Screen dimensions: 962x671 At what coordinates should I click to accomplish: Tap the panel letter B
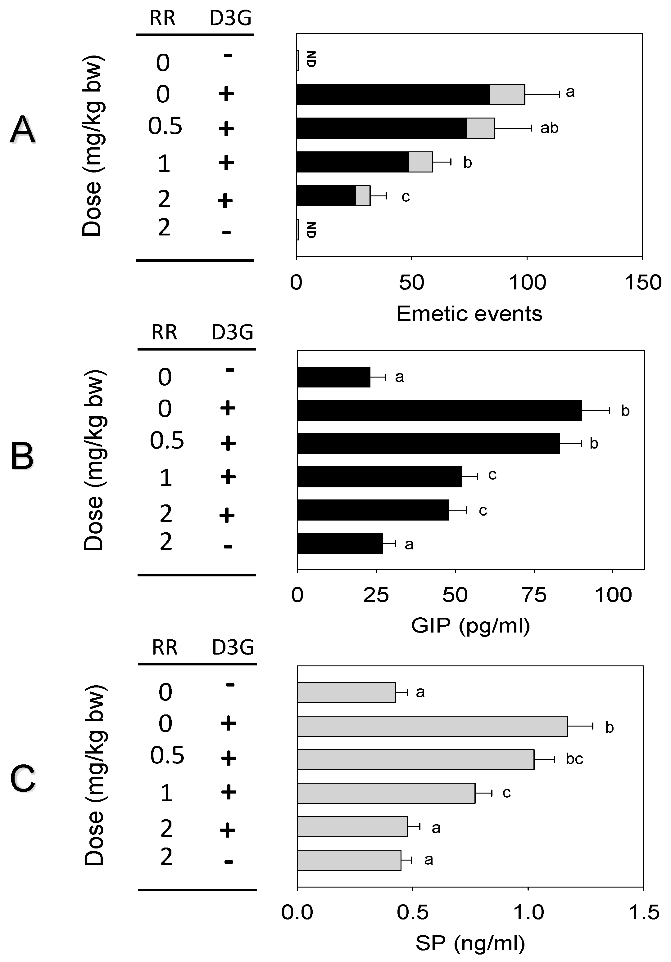pyautogui.click(x=22, y=456)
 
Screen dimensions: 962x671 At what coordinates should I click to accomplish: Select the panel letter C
pyautogui.click(x=23, y=778)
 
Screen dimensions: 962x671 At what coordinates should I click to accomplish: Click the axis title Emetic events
pyautogui.click(x=469, y=313)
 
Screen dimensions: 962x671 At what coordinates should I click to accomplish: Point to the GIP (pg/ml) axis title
pyautogui.click(x=470, y=625)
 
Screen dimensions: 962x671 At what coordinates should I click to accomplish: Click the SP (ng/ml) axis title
pyautogui.click(x=470, y=943)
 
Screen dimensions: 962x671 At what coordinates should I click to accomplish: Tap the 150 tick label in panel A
pyautogui.click(x=642, y=283)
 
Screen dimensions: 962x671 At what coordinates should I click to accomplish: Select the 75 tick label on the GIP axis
pyautogui.click(x=534, y=595)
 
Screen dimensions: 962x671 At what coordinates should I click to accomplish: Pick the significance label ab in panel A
pyautogui.click(x=549, y=128)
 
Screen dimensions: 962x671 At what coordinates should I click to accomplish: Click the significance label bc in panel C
pyautogui.click(x=574, y=759)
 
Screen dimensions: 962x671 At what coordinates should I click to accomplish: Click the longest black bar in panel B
pyautogui.click(x=439, y=410)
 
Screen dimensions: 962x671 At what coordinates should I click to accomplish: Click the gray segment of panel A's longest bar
pyautogui.click(x=507, y=94)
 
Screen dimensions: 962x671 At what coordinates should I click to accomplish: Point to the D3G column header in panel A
pyautogui.click(x=230, y=18)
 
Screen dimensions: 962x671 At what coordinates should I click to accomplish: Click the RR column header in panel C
pyautogui.click(x=164, y=647)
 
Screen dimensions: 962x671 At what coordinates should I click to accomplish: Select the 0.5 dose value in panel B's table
pyautogui.click(x=167, y=441)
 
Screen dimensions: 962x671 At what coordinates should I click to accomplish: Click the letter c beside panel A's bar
pyautogui.click(x=405, y=196)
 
